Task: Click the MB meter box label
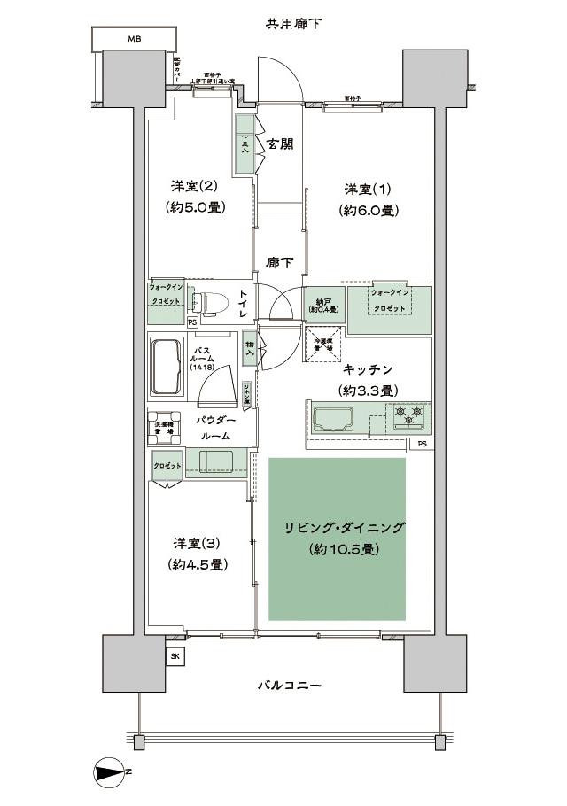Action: (x=133, y=39)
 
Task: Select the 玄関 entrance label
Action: (x=281, y=144)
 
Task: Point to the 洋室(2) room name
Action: (x=194, y=187)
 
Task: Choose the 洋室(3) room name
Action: (x=194, y=543)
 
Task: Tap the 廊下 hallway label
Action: (x=279, y=263)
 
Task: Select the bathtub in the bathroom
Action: (x=167, y=368)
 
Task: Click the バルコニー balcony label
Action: (x=289, y=686)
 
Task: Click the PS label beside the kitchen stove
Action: (x=422, y=443)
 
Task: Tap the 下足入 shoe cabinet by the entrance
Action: (x=245, y=143)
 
